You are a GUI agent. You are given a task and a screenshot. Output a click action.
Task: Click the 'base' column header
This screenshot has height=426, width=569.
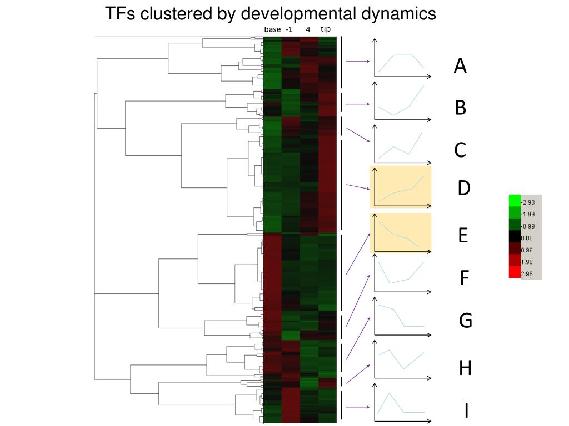[272, 29]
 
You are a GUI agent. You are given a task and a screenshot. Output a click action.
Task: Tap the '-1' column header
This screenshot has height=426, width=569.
[289, 29]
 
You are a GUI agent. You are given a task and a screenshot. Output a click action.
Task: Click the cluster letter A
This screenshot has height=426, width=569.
[460, 67]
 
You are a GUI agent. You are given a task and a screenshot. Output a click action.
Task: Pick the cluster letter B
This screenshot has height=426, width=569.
[460, 108]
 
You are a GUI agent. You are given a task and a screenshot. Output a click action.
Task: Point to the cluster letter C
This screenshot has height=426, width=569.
[460, 150]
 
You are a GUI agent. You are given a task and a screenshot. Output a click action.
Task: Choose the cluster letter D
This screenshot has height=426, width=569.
[464, 189]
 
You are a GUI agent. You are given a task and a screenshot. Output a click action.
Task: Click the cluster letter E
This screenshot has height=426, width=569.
[463, 236]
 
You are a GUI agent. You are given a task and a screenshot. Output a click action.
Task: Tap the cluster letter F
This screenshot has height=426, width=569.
[465, 278]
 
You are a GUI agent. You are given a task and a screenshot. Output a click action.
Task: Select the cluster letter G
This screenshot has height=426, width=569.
[465, 320]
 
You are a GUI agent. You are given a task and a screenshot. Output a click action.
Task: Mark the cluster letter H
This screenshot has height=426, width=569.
[465, 367]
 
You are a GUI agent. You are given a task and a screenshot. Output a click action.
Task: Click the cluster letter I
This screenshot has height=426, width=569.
[466, 411]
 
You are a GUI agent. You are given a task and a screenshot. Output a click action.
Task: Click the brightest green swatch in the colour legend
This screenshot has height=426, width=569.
[515, 201]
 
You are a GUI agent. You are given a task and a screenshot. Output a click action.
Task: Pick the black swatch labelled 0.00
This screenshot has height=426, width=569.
[515, 237]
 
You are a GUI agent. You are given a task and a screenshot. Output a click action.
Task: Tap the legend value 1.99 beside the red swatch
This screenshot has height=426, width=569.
[527, 261]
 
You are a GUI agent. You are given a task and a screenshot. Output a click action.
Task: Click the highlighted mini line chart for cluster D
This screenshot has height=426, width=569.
[400, 187]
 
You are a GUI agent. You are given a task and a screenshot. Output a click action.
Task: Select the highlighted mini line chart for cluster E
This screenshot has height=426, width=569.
[400, 234]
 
